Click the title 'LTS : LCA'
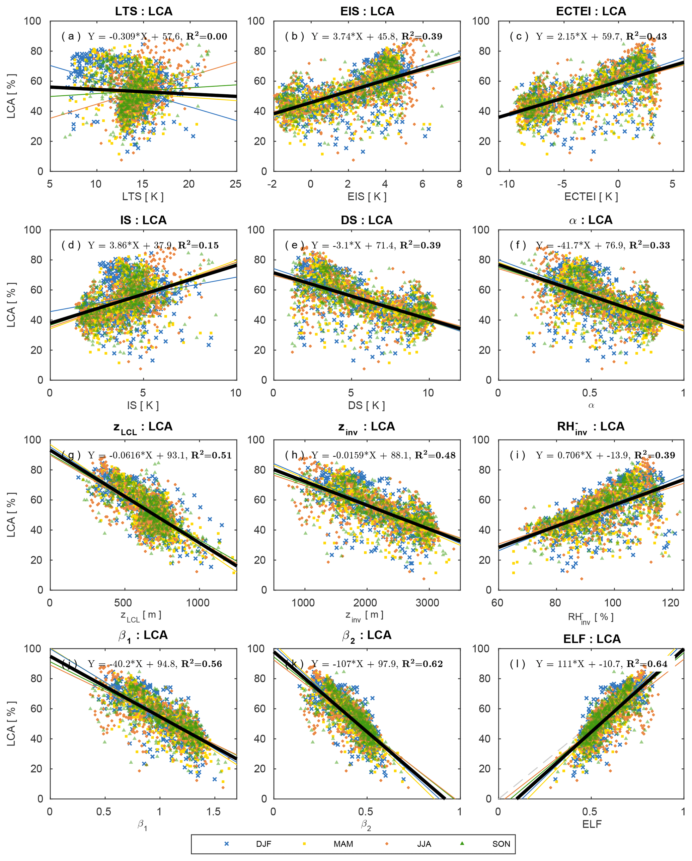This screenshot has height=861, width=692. click(144, 11)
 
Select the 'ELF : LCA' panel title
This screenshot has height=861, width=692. click(592, 639)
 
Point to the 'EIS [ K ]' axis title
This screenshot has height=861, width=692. click(367, 196)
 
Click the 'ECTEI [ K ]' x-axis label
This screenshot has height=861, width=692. click(591, 196)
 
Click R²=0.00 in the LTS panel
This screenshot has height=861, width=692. click(207, 36)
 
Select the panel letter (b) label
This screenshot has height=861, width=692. click(294, 36)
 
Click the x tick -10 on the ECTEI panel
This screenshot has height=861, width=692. click(507, 184)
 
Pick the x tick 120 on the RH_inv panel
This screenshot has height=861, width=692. click(671, 603)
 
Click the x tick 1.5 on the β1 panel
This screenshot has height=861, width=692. click(214, 811)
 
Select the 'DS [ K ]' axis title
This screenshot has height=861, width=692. click(367, 405)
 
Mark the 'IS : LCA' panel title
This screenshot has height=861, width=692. click(144, 220)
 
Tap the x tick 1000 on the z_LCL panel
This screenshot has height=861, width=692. click(198, 603)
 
